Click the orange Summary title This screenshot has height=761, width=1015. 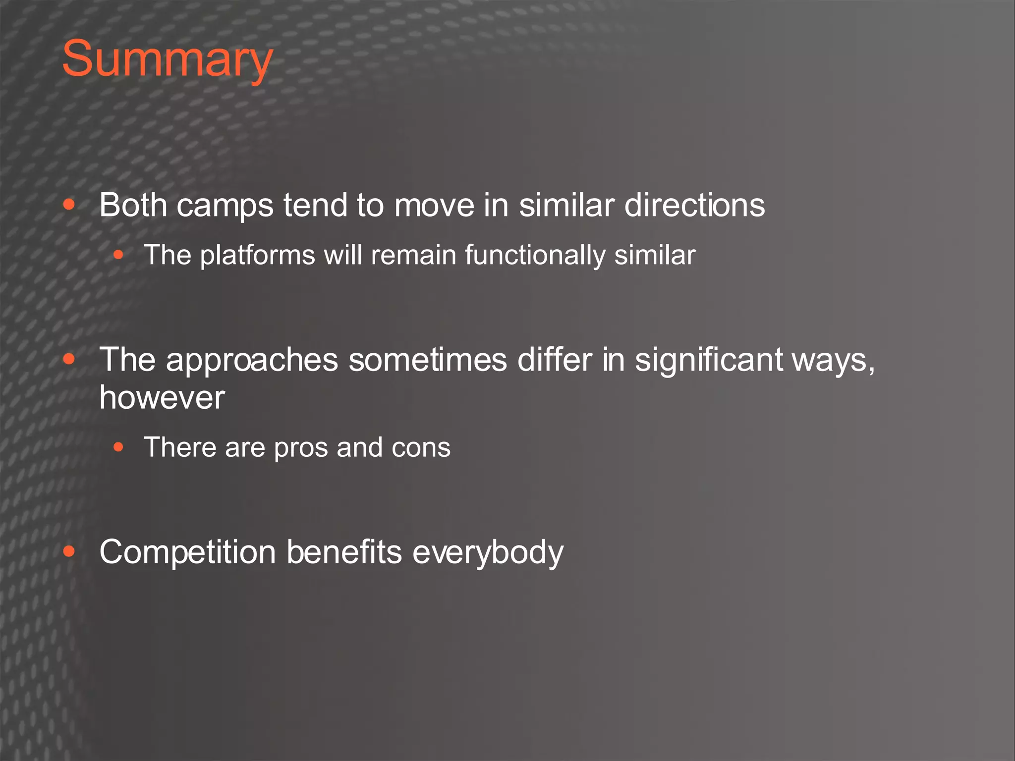[167, 59]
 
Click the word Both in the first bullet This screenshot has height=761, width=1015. [133, 205]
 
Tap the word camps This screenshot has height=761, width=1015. [225, 206]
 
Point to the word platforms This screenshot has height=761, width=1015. [257, 256]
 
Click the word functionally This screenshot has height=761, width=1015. [535, 256]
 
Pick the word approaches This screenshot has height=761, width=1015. [252, 360]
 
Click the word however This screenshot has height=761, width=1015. [162, 397]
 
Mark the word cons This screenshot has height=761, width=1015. [421, 447]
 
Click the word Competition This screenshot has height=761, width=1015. [187, 552]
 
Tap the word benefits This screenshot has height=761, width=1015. [344, 552]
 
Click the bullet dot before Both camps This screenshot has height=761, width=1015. [69, 205]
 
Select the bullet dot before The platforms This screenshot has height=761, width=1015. [118, 255]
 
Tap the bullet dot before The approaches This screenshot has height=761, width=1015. [69, 359]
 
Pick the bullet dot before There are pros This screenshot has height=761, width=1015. [118, 447]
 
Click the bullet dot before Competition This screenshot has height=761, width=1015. [69, 551]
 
